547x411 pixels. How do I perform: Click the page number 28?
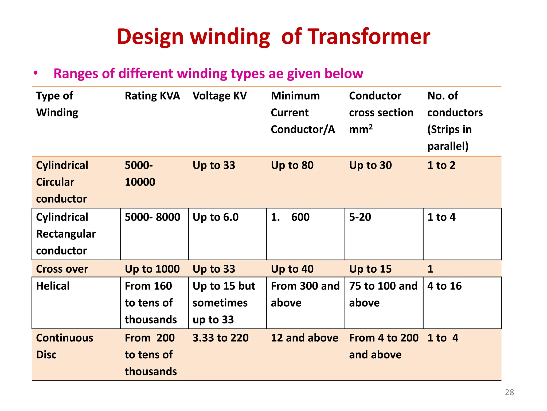coord(509,392)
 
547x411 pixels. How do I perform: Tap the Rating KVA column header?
coord(152,96)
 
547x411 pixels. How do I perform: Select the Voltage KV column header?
coord(220,96)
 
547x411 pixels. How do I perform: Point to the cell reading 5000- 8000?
coord(153,217)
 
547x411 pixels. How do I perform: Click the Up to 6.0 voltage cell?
coord(216,217)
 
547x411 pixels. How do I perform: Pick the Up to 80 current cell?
coord(292,165)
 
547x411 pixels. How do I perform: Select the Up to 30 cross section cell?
coord(370,165)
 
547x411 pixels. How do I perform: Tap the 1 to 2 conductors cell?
coord(441,165)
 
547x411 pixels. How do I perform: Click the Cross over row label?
coord(62,269)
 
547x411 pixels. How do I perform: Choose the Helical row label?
coord(53,286)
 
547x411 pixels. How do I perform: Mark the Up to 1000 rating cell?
coord(152,269)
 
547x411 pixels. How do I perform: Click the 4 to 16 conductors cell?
coord(444,286)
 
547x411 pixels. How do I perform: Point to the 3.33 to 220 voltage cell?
coord(221,338)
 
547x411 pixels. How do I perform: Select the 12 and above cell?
coord(304,338)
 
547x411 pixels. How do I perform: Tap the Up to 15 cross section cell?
coord(370,269)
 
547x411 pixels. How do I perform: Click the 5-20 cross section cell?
coord(360,217)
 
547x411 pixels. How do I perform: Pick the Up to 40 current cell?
coord(292,269)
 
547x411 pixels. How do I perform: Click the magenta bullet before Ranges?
coord(36,73)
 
